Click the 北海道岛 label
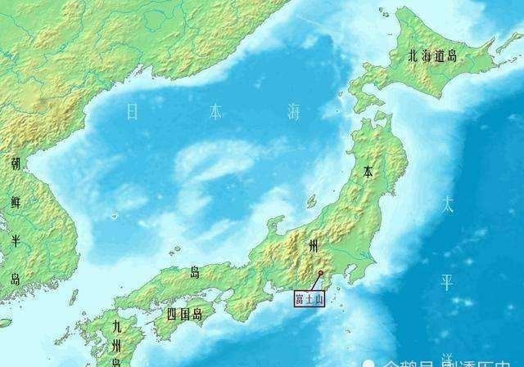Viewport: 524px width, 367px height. pos(436,56)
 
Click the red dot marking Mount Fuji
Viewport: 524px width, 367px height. pos(321,273)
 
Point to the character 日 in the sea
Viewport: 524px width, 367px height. pos(133,113)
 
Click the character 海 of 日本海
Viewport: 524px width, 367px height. pos(293,113)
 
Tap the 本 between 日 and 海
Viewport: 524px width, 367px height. pos(215,113)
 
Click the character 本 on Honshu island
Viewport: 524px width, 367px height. pos(369,173)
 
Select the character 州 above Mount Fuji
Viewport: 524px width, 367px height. pos(312,245)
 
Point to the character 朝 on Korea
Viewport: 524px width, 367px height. pos(16,163)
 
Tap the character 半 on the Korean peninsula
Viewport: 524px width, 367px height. pos(16,241)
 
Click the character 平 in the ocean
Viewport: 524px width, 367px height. pos(447,283)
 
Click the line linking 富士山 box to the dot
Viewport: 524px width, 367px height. pos(314,282)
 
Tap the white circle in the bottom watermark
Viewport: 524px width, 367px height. pos(369,362)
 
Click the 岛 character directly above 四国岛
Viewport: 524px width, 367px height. pos(195,273)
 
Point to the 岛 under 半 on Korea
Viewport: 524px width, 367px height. pos(16,279)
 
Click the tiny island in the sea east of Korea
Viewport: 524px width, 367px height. pos(114,216)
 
